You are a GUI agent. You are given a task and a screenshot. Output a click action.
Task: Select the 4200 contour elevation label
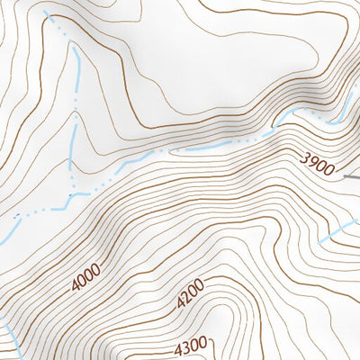coord(191,295)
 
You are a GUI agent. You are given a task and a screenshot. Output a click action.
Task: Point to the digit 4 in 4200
coord(181,305)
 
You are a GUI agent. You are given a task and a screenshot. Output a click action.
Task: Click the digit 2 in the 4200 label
coord(187,299)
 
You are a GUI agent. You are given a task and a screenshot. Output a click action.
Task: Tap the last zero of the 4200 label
coord(201,285)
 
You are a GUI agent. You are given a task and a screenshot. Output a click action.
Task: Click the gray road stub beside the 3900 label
coord(352,177)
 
